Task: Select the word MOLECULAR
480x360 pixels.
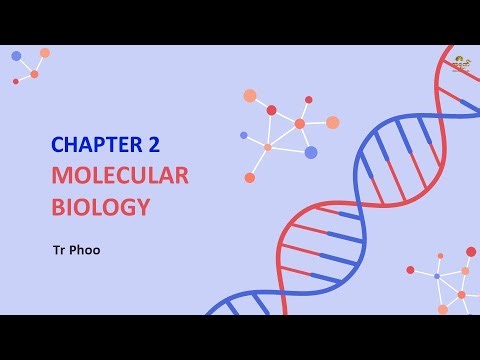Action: (x=120, y=176)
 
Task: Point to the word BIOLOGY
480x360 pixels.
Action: (x=101, y=207)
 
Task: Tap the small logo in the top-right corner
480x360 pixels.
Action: (x=461, y=64)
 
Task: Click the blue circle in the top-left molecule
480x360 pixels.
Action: (x=16, y=56)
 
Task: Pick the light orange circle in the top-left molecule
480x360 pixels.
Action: (x=45, y=52)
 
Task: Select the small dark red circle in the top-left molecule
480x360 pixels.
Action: (x=16, y=81)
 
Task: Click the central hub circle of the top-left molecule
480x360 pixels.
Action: (x=34, y=73)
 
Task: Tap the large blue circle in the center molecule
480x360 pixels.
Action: (x=311, y=152)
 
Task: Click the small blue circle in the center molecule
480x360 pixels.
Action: (x=244, y=134)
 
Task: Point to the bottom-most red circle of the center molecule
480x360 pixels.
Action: (x=250, y=178)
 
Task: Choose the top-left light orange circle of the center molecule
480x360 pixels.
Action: (x=250, y=97)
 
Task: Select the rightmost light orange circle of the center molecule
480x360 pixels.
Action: (x=333, y=122)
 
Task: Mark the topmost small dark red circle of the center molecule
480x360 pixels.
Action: (x=308, y=99)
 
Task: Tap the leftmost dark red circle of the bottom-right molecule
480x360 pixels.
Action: (x=411, y=270)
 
